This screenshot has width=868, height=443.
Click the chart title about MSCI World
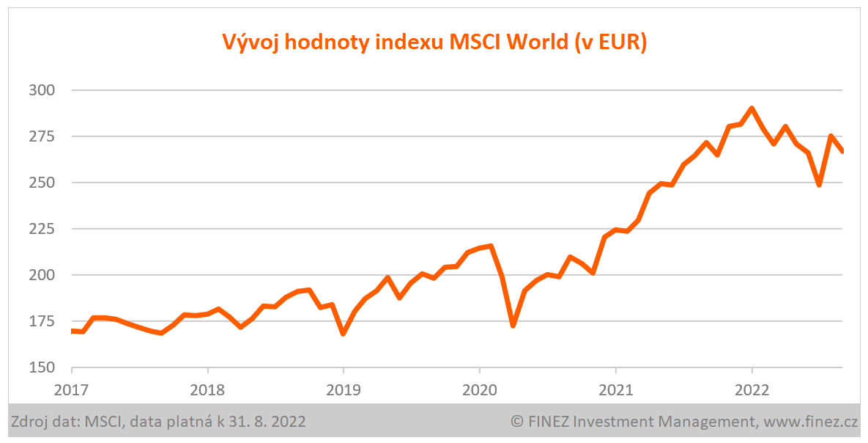pos(434,42)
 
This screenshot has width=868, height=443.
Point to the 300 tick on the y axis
pos(42,90)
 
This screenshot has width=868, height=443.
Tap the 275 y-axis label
pos(42,136)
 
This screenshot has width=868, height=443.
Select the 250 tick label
pos(42,183)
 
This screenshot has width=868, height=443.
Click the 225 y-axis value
pos(42,229)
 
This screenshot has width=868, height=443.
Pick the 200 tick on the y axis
pos(42,275)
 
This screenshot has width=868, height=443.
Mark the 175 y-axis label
pos(42,321)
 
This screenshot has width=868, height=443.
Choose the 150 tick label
pos(42,367)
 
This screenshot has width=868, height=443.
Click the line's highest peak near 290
pos(752,109)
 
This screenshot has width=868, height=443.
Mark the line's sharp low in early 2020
pos(513,326)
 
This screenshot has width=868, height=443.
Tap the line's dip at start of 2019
pos(343,334)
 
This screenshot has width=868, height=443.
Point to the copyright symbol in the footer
pos(516,422)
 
